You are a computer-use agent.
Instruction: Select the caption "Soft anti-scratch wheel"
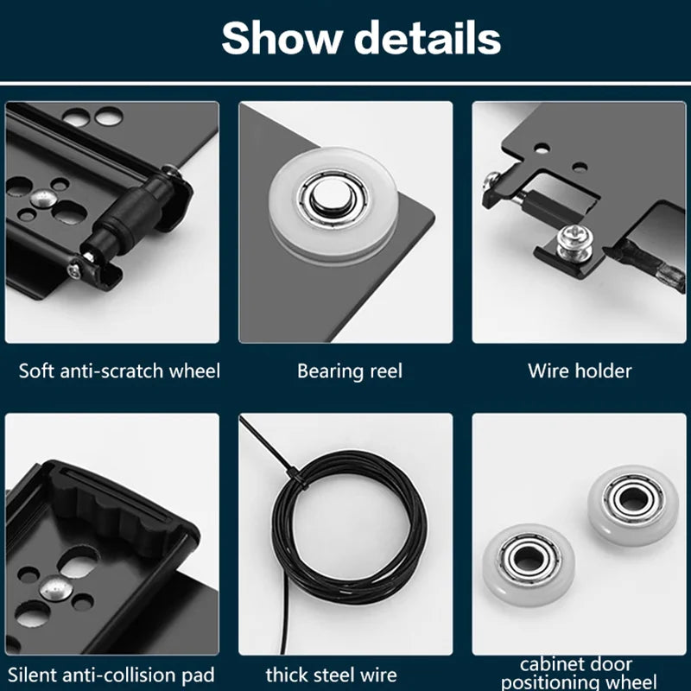pos(119,371)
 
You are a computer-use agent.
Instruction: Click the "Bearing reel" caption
pos(350,371)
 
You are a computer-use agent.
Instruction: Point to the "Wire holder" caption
pos(580,371)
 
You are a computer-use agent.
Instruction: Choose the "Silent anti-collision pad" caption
pos(111,675)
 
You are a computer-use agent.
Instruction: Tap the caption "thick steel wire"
pos(332,675)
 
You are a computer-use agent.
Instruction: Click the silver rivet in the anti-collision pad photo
pos(54,588)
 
